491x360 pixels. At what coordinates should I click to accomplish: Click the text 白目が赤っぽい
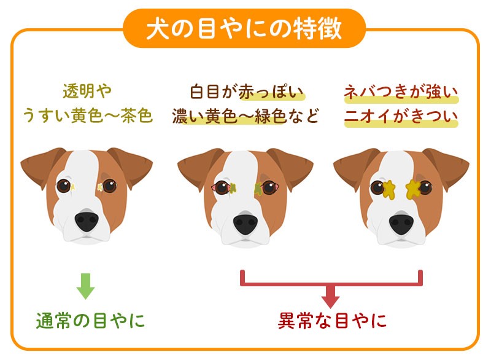tap(247, 93)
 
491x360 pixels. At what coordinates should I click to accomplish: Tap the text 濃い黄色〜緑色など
tap(247, 115)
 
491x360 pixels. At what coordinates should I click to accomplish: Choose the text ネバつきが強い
tap(401, 93)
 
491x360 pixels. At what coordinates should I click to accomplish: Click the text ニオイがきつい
tap(401, 115)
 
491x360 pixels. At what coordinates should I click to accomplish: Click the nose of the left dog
tap(86, 222)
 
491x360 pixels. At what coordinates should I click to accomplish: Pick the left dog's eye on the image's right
tap(109, 186)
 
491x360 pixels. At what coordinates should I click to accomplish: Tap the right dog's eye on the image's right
tap(425, 187)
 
